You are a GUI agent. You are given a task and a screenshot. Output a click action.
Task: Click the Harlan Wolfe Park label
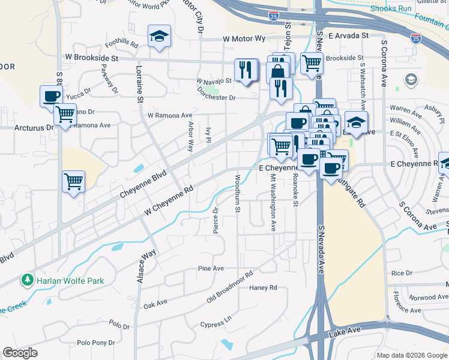coord(70,280)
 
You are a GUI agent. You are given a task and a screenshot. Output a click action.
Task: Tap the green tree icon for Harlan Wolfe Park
coord(27,280)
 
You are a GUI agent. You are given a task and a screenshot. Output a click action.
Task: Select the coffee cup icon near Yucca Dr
coord(51,95)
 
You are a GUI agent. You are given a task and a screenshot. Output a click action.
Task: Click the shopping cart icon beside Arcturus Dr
coord(65,114)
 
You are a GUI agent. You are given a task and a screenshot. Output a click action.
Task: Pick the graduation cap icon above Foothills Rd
coord(159,36)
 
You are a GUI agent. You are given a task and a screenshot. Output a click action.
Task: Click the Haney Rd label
coord(263,287)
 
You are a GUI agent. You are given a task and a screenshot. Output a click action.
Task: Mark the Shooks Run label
coord(391,9)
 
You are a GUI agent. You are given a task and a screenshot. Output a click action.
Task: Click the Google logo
coord(20,353)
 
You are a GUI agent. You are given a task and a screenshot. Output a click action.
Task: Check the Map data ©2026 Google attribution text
coord(411,355)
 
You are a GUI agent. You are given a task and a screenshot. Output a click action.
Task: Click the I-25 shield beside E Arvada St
coord(415,38)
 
